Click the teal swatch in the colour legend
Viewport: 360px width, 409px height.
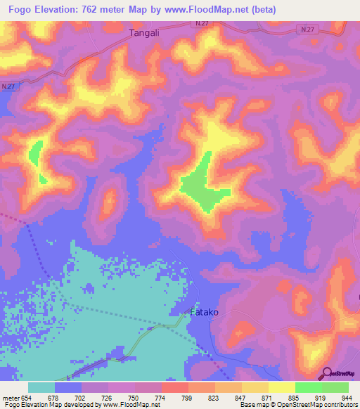(x=41, y=387)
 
